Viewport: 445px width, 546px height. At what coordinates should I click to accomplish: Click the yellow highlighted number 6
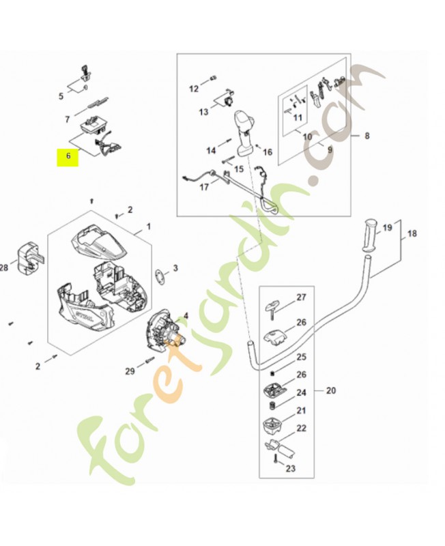coord(68,156)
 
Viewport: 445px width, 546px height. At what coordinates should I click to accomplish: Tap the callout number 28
coord(3,268)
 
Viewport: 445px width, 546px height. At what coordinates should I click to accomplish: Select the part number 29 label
coord(130,371)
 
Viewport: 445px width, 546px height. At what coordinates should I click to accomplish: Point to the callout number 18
coord(411,233)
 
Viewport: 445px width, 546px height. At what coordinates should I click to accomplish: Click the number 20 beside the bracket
coord(331,391)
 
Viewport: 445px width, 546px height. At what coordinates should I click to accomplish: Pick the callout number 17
coord(204,187)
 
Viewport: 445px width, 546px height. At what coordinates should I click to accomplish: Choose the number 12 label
coord(194,89)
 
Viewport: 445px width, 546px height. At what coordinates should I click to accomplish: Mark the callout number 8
coord(367,136)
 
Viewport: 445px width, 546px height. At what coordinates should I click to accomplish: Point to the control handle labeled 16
coord(244,132)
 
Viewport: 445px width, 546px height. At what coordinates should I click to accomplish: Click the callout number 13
coord(203,111)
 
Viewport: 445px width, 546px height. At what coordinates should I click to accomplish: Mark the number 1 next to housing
coord(148,226)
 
